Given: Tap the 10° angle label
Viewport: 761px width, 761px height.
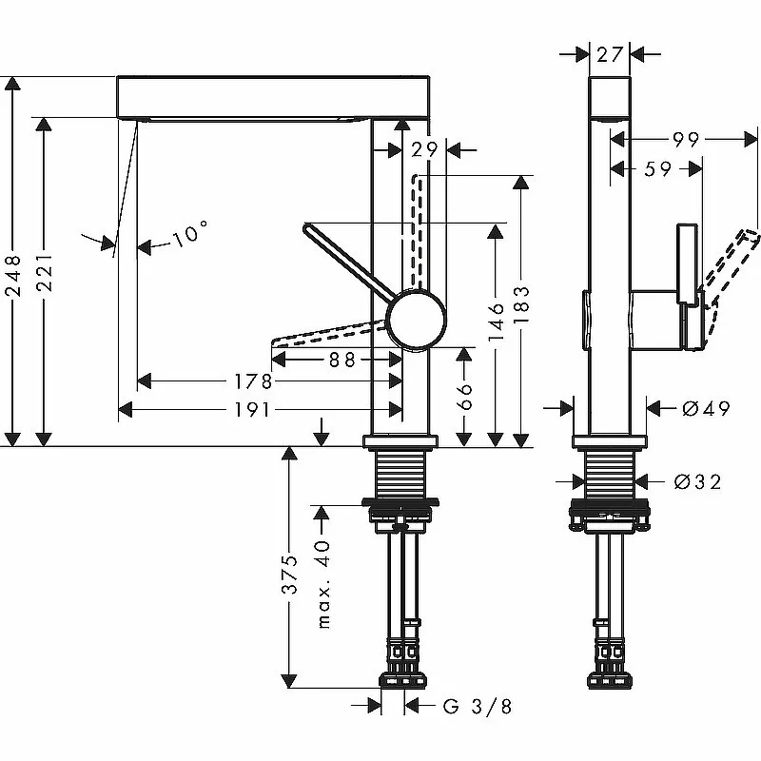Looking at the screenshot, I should tap(190, 234).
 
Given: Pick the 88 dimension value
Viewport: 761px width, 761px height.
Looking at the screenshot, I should tap(342, 359).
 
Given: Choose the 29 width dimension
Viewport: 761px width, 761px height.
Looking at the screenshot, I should tap(425, 149).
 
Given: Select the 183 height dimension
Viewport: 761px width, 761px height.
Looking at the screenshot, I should tap(521, 304).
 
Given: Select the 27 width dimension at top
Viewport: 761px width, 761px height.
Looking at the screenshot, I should tap(610, 54).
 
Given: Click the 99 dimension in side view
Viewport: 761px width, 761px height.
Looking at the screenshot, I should tap(686, 140).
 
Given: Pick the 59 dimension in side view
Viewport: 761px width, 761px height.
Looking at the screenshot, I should tap(657, 169).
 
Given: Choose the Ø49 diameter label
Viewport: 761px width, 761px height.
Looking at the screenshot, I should tap(706, 408).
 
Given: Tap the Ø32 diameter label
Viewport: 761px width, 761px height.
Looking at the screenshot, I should tap(698, 481).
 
